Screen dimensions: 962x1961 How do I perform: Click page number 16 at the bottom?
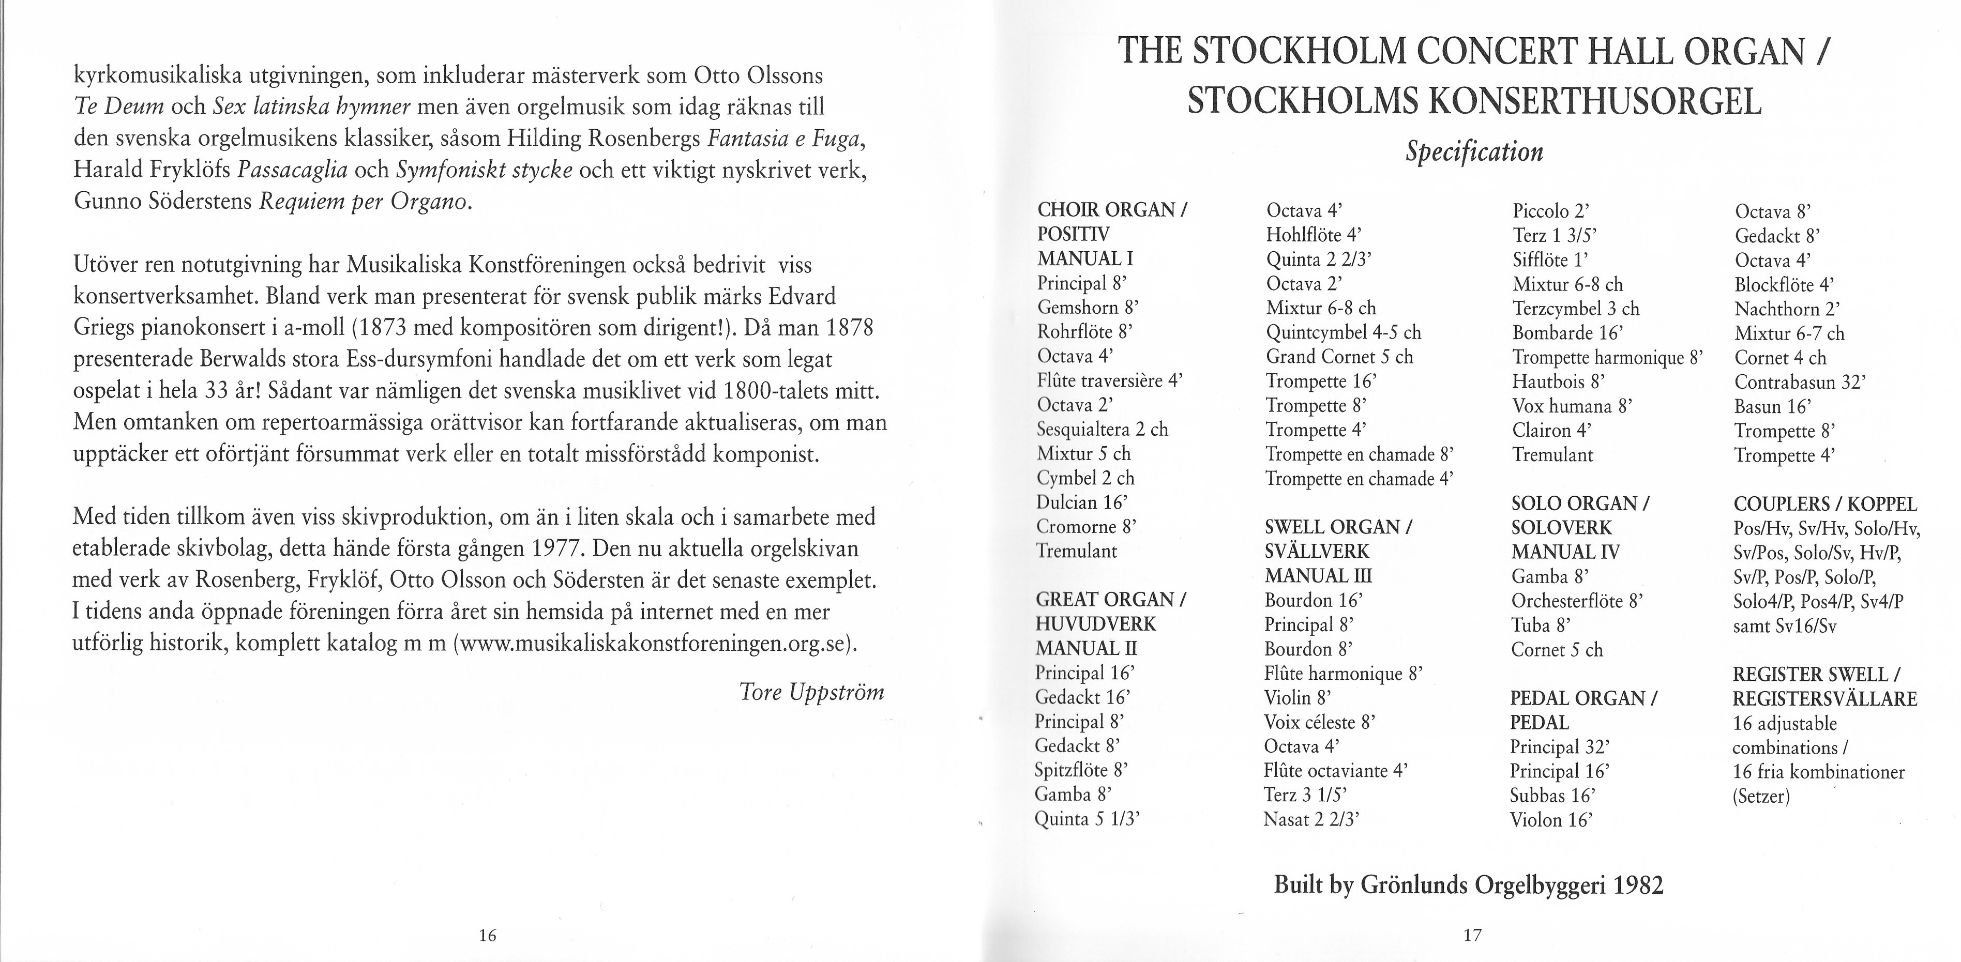(487, 935)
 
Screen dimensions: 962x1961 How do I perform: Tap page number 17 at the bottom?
(1472, 935)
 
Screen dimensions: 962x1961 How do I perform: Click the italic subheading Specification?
(1474, 151)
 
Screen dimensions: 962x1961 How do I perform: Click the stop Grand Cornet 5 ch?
(1339, 357)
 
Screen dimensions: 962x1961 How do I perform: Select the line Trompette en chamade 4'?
(1360, 479)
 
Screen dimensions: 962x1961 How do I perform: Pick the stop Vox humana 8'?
(1573, 406)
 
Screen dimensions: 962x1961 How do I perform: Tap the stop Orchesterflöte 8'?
(1577, 601)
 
